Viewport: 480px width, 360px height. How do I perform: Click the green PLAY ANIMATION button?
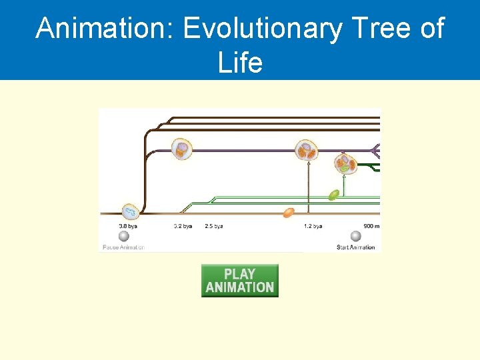click(x=239, y=281)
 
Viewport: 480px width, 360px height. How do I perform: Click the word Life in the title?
click(x=240, y=63)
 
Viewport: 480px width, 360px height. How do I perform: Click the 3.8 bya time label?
click(x=128, y=226)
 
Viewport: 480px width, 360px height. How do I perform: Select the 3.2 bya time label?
click(x=183, y=226)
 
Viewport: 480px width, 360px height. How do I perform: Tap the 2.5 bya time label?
click(x=214, y=226)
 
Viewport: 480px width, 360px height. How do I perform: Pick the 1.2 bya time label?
click(x=313, y=226)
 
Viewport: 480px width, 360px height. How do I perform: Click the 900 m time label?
click(x=371, y=226)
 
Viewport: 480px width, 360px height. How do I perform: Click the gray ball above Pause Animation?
click(x=124, y=236)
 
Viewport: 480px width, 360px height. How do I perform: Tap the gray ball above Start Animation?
click(x=356, y=236)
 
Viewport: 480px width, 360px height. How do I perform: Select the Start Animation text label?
click(x=356, y=247)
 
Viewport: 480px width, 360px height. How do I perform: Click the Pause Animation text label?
click(x=123, y=247)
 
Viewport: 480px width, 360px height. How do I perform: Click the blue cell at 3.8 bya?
click(x=129, y=213)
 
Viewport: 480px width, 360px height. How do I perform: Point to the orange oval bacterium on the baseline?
click(x=289, y=213)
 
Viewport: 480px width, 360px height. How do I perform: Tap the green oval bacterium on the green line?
click(x=333, y=195)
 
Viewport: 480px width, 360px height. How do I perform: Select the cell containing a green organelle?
click(x=345, y=165)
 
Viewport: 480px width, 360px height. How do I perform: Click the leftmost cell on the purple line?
click(x=181, y=149)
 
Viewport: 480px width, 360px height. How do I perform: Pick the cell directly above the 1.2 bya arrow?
click(x=307, y=150)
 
